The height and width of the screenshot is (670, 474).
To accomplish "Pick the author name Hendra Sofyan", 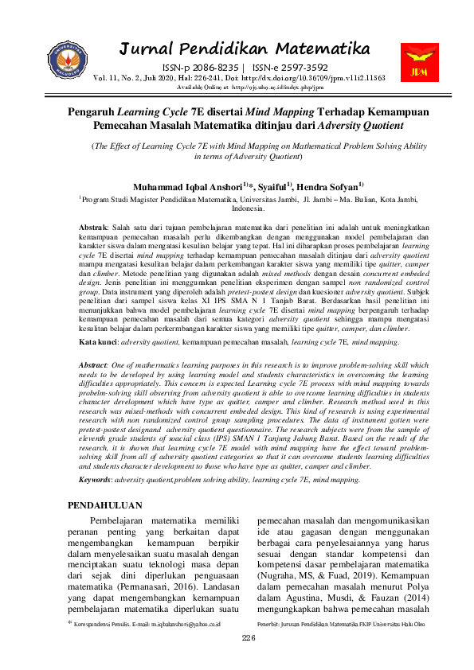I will tap(325, 186).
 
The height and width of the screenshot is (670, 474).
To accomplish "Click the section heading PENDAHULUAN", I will tap(105, 505).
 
